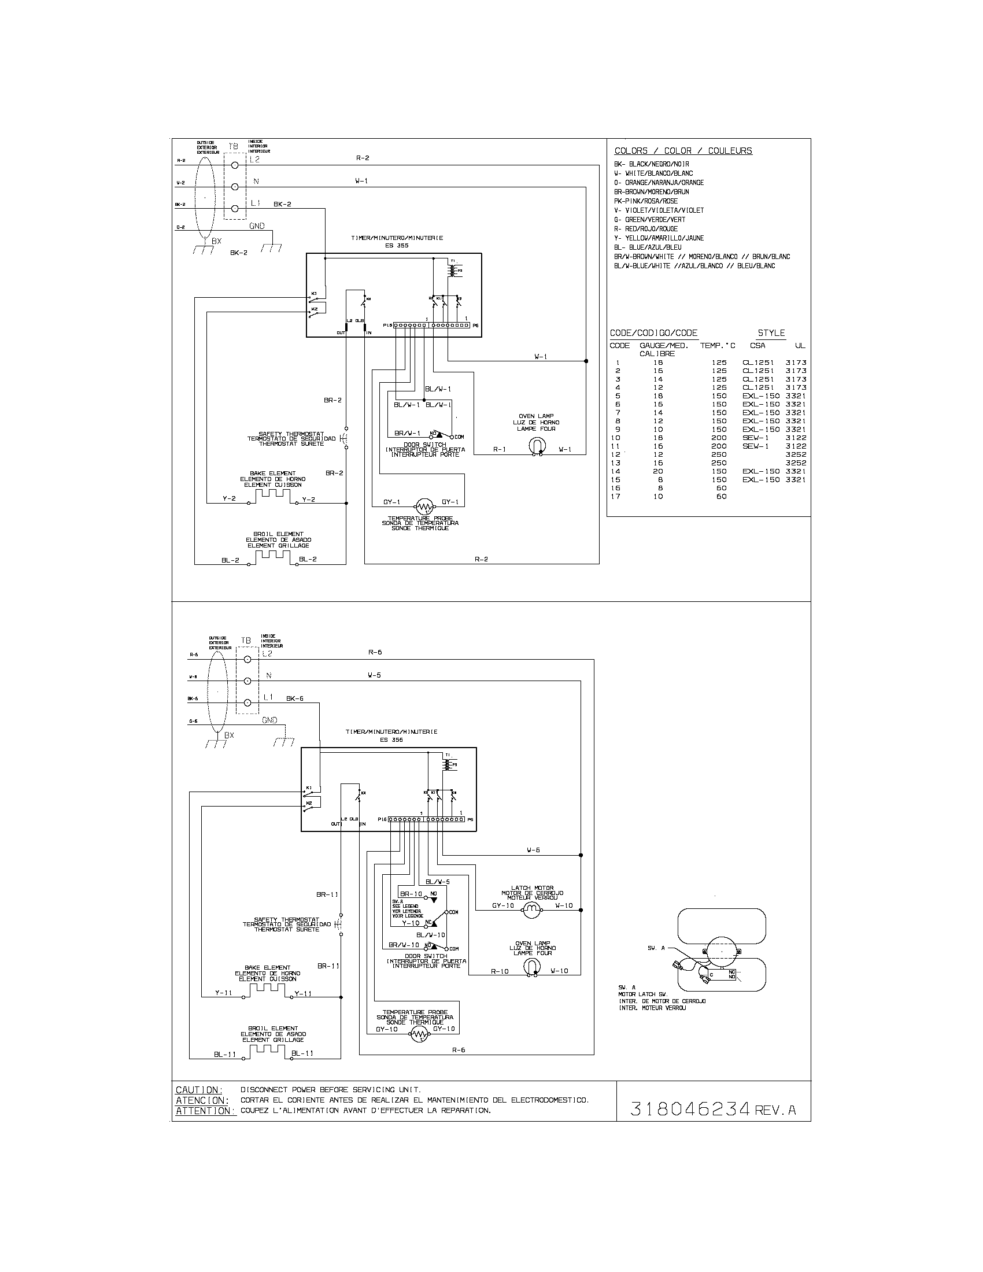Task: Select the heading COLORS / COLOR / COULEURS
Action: click(x=683, y=151)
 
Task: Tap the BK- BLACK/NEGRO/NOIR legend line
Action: click(x=651, y=164)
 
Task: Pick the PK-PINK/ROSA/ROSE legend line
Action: click(x=646, y=201)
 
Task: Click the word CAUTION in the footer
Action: click(x=198, y=1090)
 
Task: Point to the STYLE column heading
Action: click(x=771, y=333)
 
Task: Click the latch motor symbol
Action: click(x=530, y=911)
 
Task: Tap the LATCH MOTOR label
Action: click(x=531, y=888)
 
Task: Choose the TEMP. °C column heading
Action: click(x=718, y=345)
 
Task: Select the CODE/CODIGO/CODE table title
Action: click(x=653, y=333)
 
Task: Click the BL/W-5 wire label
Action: click(x=438, y=882)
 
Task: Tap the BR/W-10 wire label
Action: click(x=404, y=945)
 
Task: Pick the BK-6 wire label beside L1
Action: click(x=294, y=698)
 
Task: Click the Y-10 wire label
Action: click(x=411, y=923)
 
